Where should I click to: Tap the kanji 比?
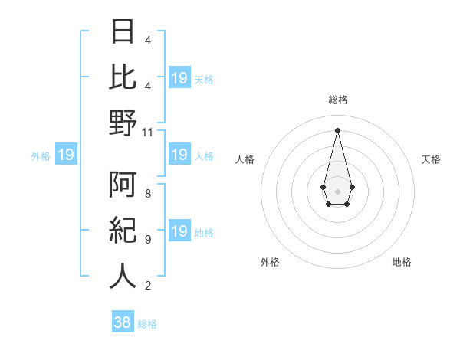click(x=123, y=78)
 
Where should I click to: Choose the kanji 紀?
click(x=123, y=231)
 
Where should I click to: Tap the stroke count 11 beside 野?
click(x=148, y=132)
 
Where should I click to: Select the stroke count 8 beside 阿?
click(x=148, y=194)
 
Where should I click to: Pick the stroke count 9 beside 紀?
click(x=148, y=240)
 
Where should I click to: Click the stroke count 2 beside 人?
click(x=148, y=286)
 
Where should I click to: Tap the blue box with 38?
click(x=123, y=322)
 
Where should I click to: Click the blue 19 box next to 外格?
click(x=65, y=155)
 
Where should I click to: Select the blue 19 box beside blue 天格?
click(x=179, y=78)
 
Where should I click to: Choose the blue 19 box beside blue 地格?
click(x=179, y=231)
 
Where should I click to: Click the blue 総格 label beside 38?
click(x=147, y=324)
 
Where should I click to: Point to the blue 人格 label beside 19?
click(x=204, y=155)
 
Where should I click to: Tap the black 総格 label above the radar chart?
click(x=338, y=100)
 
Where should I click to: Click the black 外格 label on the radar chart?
click(x=270, y=262)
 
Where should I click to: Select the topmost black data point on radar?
click(x=337, y=129)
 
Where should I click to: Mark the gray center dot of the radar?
click(x=337, y=190)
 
